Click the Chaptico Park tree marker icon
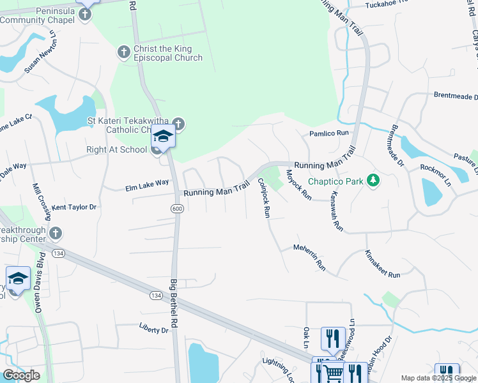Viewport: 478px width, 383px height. (x=374, y=181)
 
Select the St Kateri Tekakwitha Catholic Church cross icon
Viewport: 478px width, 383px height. (x=178, y=123)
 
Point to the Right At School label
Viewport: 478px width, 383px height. (x=116, y=150)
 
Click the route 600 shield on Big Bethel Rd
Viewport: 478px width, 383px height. (x=176, y=209)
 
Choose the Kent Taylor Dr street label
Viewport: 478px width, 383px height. (x=74, y=207)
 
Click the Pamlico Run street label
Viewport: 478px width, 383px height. (x=330, y=133)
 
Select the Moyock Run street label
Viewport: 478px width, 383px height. (x=298, y=185)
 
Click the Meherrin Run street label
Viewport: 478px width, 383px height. (x=309, y=257)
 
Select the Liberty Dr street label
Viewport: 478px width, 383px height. (x=153, y=329)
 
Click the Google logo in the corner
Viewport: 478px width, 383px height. (x=22, y=375)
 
